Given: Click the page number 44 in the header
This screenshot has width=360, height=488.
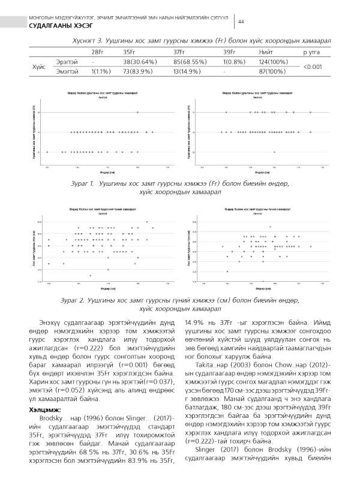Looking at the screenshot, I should [241, 22].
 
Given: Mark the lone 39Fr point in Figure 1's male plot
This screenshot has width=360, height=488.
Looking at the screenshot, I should [137, 112].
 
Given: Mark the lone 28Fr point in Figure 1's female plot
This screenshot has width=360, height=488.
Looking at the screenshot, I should [275, 152].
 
